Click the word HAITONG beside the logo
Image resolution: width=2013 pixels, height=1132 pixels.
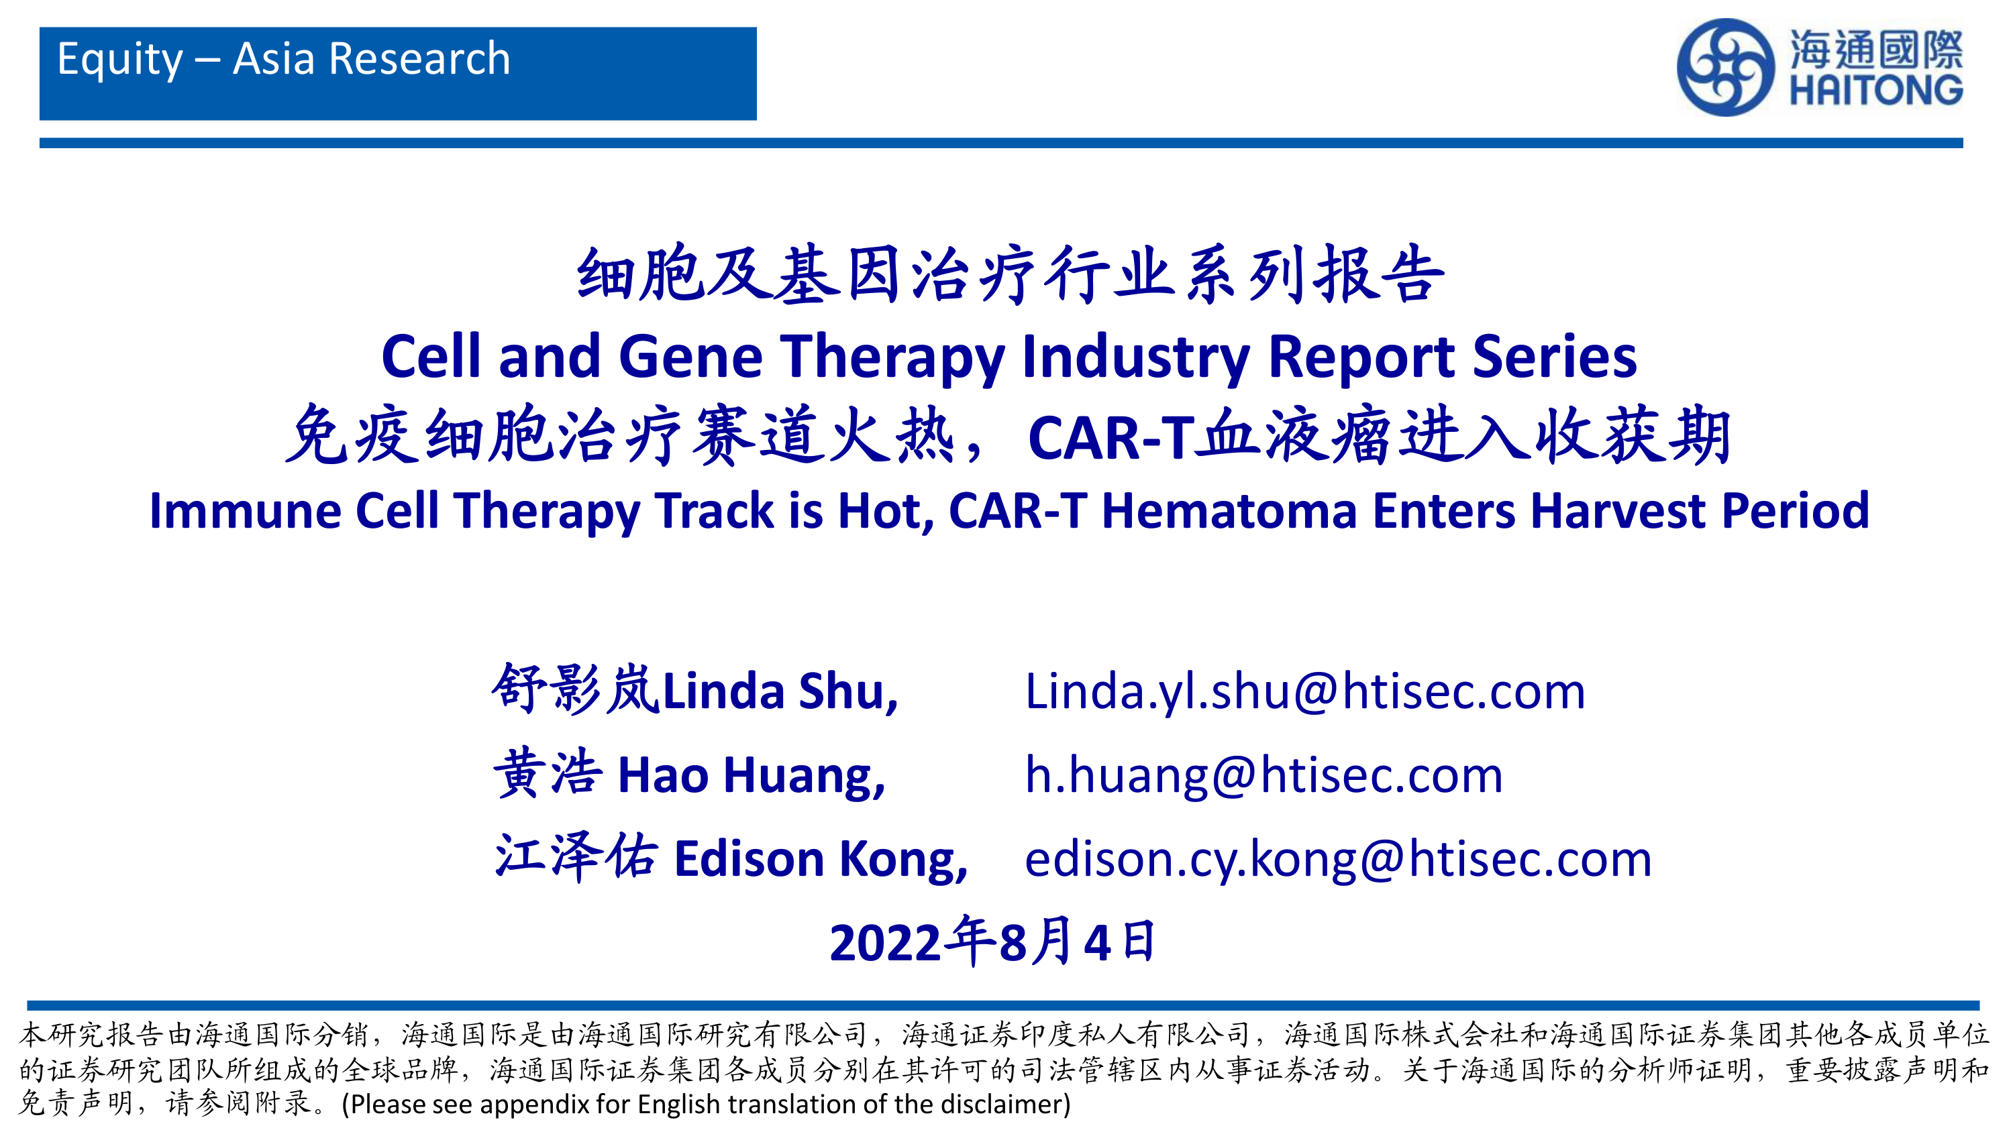point(1875,91)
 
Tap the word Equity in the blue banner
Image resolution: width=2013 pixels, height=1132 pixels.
point(120,60)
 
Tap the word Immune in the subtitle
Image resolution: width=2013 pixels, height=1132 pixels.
point(245,511)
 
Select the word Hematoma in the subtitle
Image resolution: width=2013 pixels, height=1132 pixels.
point(1229,511)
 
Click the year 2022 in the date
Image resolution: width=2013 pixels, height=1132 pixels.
point(884,942)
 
